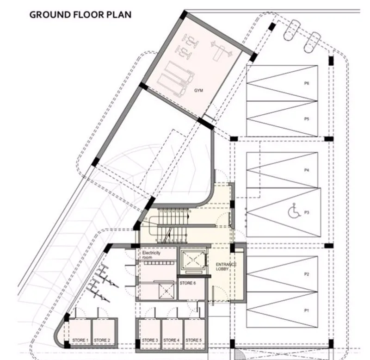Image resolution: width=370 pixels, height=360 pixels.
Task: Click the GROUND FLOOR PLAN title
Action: click(80, 15)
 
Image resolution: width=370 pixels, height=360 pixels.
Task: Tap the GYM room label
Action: click(198, 90)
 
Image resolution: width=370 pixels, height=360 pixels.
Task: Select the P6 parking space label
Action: click(307, 83)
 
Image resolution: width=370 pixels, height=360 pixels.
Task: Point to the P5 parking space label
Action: click(307, 119)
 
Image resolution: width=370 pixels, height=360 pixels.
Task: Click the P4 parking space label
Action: click(307, 170)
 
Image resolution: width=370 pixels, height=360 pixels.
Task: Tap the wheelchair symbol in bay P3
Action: click(294, 211)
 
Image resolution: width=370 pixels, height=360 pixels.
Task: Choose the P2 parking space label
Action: click(307, 274)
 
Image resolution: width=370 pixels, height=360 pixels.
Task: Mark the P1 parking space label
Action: click(307, 310)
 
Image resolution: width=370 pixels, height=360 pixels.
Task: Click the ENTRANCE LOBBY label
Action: click(226, 267)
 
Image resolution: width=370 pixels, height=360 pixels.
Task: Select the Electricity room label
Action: click(151, 255)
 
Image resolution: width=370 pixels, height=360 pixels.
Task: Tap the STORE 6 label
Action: click(188, 283)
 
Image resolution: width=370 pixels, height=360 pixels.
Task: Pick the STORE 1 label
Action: click(80, 340)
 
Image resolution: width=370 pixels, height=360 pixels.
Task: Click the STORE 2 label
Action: click(102, 340)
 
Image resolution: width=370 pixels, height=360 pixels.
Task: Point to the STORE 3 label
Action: click(150, 340)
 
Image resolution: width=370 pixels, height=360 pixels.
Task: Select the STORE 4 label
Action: click(171, 340)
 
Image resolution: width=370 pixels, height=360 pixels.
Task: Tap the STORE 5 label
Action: click(194, 340)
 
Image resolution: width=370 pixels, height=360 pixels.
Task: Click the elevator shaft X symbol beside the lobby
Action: click(193, 260)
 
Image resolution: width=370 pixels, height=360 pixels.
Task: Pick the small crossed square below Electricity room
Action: click(166, 291)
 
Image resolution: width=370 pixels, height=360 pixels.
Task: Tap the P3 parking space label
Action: click(307, 212)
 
